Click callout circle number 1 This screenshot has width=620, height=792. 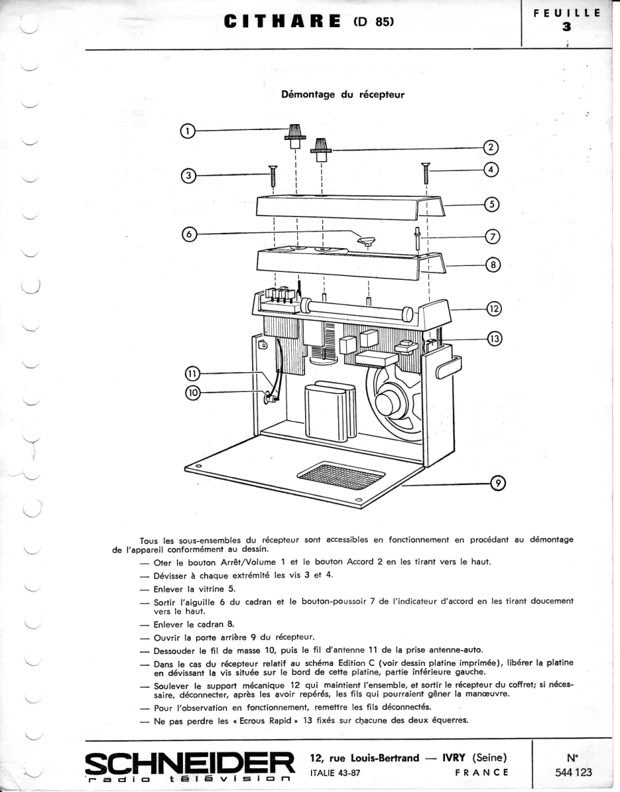click(188, 131)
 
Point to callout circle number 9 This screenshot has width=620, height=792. click(497, 484)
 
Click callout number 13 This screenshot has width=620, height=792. click(494, 339)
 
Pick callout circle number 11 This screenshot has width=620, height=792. click(192, 374)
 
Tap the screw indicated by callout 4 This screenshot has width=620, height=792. click(427, 173)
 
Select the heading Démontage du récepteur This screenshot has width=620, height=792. click(343, 94)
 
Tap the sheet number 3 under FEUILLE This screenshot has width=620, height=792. click(566, 27)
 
